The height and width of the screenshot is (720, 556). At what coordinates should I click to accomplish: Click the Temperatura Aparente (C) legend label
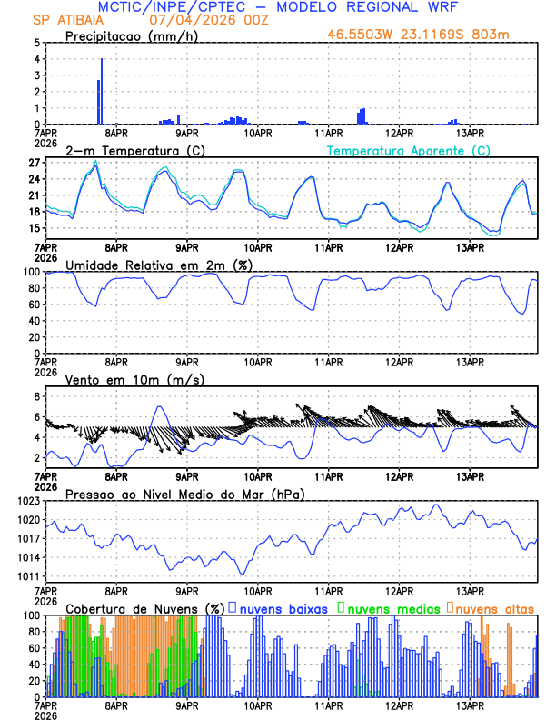[408, 150]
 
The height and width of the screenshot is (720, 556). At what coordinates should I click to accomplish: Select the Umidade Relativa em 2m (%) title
[159, 265]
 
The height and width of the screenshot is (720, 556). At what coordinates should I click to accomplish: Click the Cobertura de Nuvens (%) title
[144, 607]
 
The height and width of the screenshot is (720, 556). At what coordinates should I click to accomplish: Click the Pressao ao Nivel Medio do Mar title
[184, 494]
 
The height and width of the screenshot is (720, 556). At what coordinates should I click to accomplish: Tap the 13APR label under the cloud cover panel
[469, 705]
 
